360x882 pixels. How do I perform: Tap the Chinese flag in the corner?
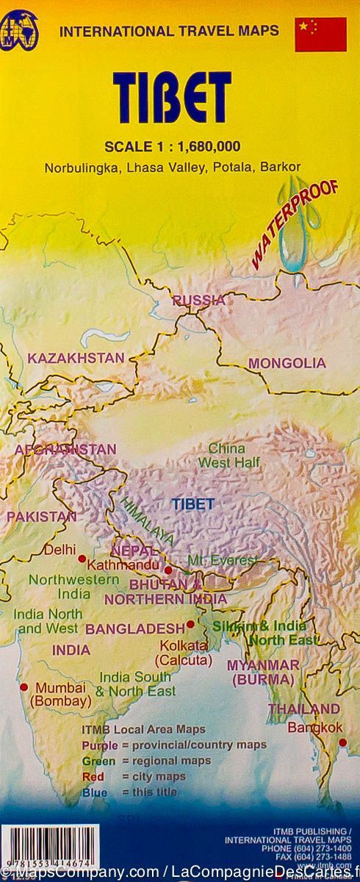320,35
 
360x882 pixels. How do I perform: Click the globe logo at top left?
21,32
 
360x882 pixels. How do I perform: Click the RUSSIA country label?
198,299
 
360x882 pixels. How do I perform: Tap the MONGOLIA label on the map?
287,363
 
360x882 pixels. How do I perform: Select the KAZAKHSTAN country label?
76,358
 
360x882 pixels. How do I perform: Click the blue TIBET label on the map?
192,504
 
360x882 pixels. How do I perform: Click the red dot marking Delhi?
82,559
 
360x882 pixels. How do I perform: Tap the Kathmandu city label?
123,565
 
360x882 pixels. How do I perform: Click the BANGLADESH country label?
134,628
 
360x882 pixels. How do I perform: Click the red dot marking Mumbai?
24,687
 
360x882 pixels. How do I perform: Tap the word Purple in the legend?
100,746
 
